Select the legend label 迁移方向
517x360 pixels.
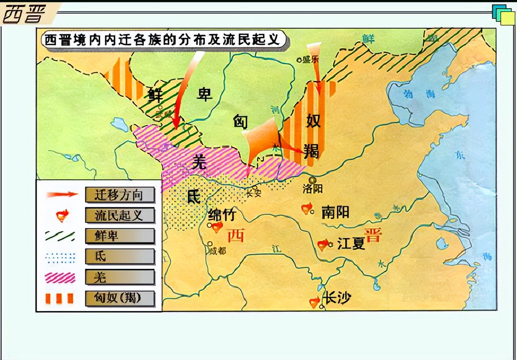pos(119,195)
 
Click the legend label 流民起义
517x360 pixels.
pos(119,215)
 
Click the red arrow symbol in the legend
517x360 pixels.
pos(61,195)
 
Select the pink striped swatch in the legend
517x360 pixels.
pos(60,278)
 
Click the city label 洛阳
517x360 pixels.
pos(312,188)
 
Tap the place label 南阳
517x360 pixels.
pos(335,212)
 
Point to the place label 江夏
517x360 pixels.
pos(351,244)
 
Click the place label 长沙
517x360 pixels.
pos(338,298)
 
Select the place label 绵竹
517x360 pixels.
pos(222,215)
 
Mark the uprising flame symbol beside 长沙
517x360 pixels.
pos(314,302)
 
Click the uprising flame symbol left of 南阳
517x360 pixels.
pos(307,208)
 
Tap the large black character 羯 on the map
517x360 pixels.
pos(311,151)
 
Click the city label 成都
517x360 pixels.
pos(218,250)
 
